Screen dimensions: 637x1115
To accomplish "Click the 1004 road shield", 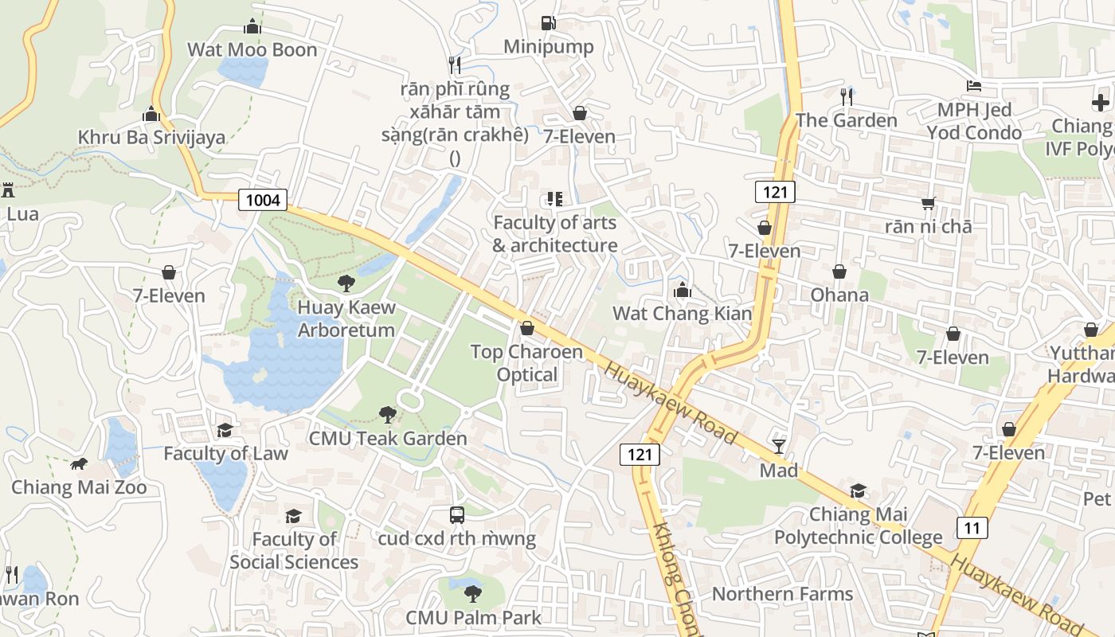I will pos(263,200).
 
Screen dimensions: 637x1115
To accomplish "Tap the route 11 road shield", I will pos(972,527).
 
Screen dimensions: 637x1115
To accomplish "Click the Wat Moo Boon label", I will pos(252,49).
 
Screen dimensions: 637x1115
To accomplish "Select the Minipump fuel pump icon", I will pos(548,23).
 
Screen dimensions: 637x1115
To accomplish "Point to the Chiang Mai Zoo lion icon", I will pos(78,463).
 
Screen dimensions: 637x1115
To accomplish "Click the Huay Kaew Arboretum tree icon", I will pos(346,283).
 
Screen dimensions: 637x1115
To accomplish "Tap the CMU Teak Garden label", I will pos(388,438).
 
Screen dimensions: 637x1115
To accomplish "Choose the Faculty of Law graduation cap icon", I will pos(225,430).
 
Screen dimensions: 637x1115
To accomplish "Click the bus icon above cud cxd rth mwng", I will pos(457,514).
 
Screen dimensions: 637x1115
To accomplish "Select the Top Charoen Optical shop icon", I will pos(526,328).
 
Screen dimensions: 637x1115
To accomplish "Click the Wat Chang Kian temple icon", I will pos(682,291).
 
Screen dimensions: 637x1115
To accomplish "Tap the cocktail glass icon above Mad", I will pos(779,447).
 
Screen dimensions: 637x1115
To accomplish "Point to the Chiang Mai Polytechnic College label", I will pos(859,526).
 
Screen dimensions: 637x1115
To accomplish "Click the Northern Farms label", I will pos(782,594).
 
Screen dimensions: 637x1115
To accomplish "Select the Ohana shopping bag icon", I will pos(839,272).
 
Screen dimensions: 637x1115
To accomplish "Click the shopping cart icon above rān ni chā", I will pos(928,204).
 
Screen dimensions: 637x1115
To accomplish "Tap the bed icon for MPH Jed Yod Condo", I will pos(973,86).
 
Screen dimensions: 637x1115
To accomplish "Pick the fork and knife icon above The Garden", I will pos(846,97).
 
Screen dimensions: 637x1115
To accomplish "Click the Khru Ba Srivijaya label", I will pos(151,137).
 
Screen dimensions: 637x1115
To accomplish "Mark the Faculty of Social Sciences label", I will pos(294,550).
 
